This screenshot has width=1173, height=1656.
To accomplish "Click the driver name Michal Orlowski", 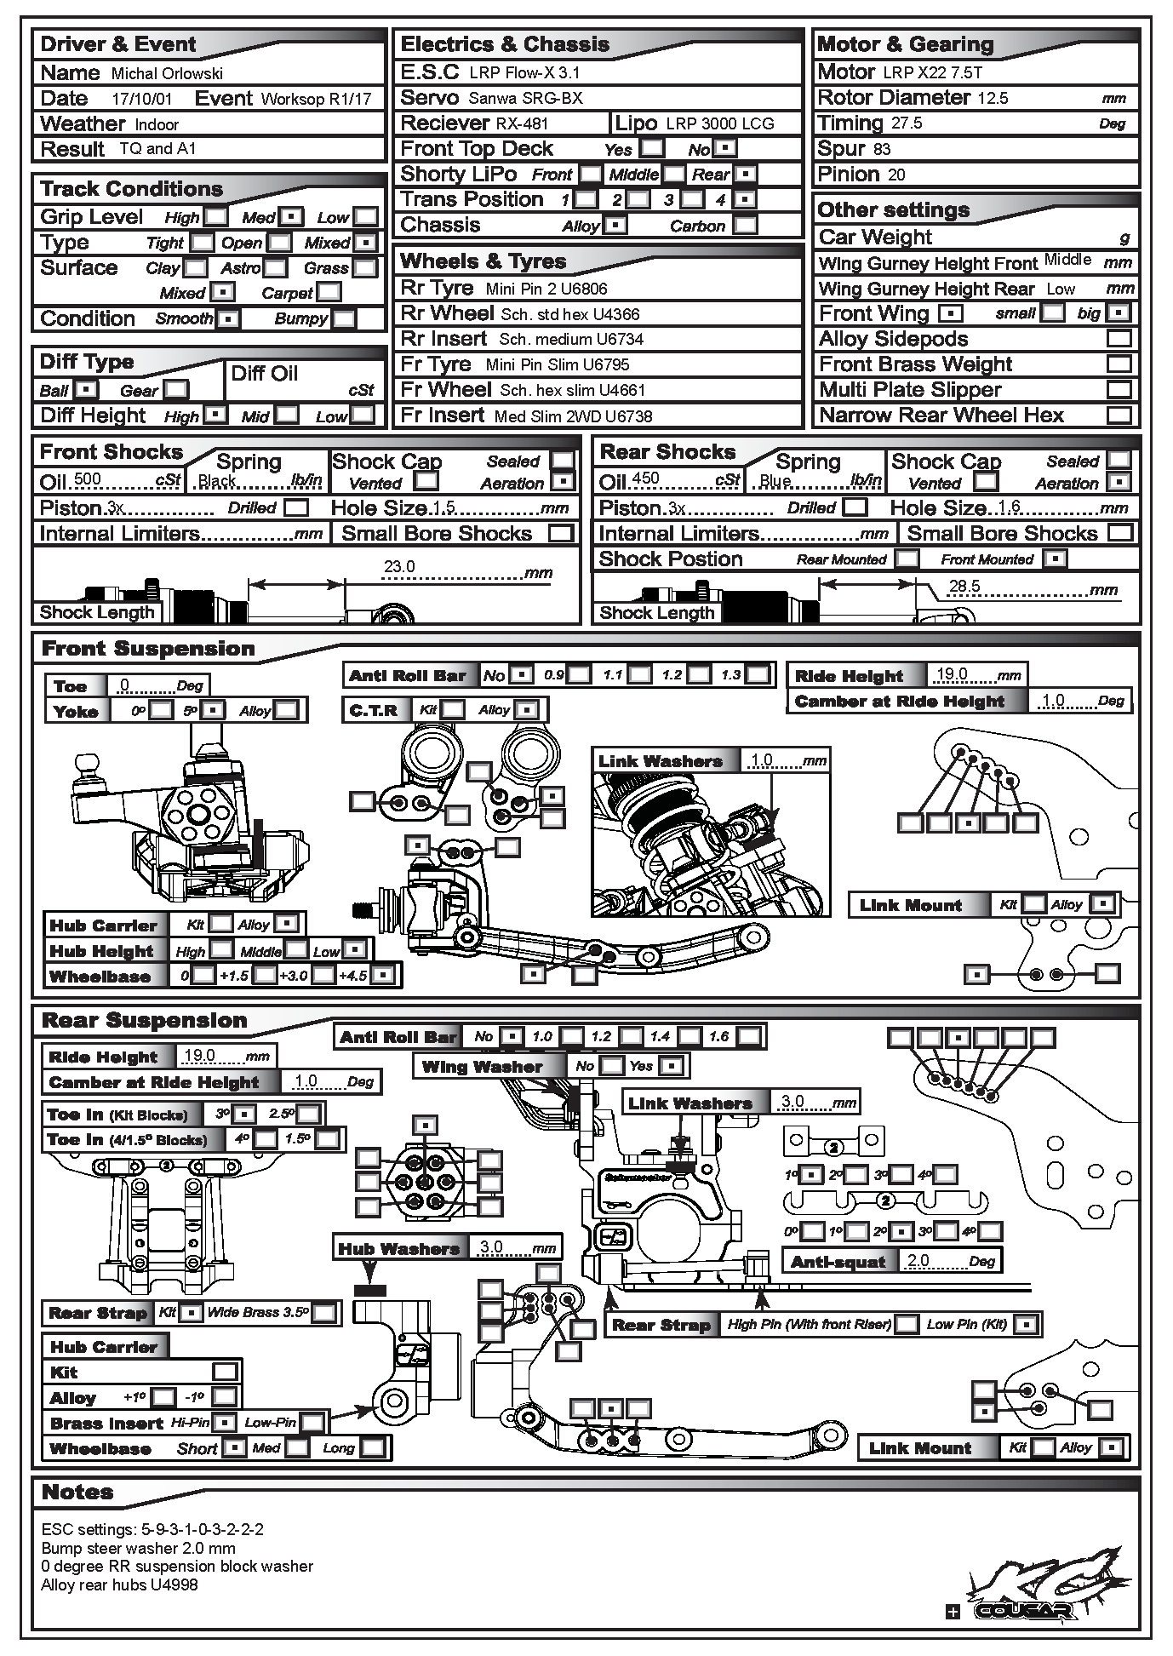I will click(x=167, y=74).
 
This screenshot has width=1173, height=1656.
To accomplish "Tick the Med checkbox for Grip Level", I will click(x=292, y=217).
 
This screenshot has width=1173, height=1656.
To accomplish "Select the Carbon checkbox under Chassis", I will click(x=745, y=226).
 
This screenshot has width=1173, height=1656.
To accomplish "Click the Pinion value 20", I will click(x=896, y=175).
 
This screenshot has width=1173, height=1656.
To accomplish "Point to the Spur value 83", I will click(x=882, y=150).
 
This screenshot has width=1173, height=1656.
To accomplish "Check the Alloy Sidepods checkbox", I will click(x=1119, y=339).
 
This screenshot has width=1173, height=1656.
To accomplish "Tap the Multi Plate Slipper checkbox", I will click(x=1119, y=390).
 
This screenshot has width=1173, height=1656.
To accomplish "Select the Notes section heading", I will click(x=77, y=1493).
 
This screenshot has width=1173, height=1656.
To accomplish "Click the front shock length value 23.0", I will click(x=399, y=567).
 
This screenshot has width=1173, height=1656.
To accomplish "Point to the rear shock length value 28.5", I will click(x=964, y=587).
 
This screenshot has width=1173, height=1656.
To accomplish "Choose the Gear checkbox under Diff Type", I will click(x=176, y=390).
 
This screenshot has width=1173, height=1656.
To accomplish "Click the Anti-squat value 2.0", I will click(x=918, y=1261).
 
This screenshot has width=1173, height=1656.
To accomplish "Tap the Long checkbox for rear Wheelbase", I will click(x=372, y=1447).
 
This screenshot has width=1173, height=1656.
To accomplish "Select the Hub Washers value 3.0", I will click(x=491, y=1247).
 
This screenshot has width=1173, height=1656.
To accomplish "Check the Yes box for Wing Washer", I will click(x=671, y=1065).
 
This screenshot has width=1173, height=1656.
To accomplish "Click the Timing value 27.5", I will click(x=907, y=124).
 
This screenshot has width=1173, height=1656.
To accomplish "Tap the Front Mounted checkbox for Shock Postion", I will click(x=1056, y=559).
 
